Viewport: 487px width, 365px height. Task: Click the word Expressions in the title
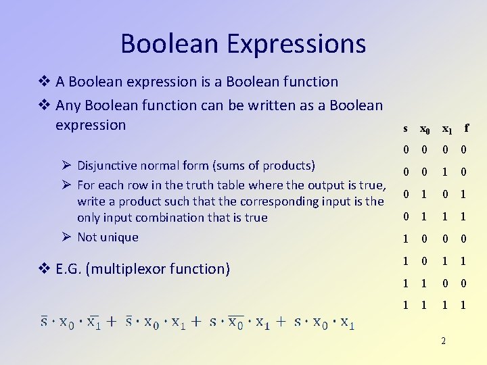pos(296,45)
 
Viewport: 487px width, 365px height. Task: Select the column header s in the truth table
pos(405,128)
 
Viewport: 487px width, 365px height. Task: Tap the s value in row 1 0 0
pos(405,239)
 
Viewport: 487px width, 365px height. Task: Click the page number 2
pos(443,341)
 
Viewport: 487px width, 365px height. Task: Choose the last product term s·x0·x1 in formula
pos(324,322)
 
